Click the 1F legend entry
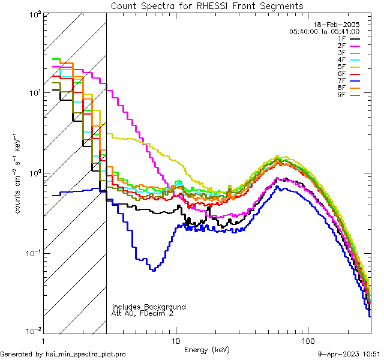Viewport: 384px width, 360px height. (x=350, y=38)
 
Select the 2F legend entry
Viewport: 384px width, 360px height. (x=350, y=46)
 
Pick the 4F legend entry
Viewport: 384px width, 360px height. (x=350, y=59)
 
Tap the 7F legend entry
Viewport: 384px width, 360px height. (x=350, y=80)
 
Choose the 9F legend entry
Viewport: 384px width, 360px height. (x=350, y=94)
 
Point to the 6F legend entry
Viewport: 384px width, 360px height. (x=350, y=73)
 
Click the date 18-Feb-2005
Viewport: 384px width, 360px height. (x=338, y=24)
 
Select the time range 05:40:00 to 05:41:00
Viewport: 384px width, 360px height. (x=324, y=31)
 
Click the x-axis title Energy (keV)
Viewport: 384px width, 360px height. (x=206, y=349)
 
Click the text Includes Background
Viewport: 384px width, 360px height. (x=148, y=307)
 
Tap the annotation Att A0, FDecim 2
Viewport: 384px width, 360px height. (x=142, y=313)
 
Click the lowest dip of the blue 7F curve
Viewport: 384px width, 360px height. (x=154, y=269)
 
